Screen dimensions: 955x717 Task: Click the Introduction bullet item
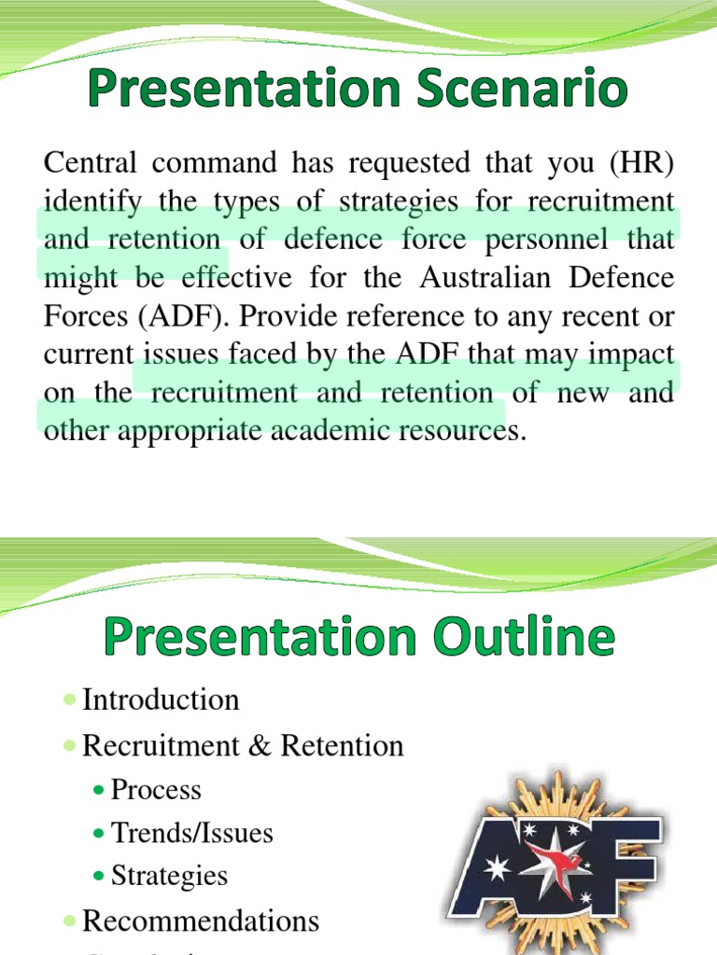161,699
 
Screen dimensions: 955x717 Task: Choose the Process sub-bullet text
156,790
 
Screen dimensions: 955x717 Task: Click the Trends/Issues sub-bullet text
191,832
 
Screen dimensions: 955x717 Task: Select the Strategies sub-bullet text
169,875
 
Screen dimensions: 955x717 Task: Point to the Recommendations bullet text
200,920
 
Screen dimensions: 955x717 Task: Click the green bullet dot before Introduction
71,700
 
